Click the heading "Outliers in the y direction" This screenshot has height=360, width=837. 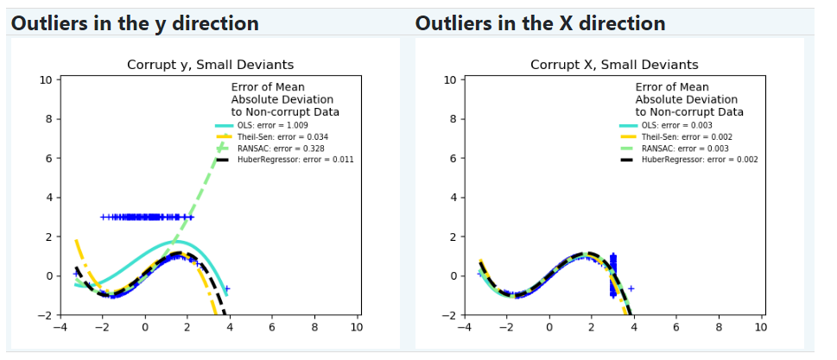pos(135,23)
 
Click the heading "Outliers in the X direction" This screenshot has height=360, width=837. pos(540,23)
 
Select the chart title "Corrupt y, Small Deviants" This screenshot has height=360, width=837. pos(210,65)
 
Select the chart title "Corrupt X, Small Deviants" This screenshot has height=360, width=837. pos(614,65)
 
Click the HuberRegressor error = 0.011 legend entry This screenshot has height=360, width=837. pos(283,160)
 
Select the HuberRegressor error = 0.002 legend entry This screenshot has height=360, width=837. pos(688,160)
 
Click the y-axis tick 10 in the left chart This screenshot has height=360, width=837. pos(47,80)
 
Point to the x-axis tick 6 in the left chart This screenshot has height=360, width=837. pos(272,326)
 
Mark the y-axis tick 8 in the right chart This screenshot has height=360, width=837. pos(453,119)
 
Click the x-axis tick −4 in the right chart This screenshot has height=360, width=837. pos(465,326)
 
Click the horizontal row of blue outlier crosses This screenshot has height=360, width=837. pos(147,217)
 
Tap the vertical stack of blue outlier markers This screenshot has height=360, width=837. pos(612,275)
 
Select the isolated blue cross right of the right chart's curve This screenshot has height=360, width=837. pos(631,288)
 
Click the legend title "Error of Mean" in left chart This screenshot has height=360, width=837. pos(268,87)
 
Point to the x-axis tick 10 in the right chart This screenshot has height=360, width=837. pos(762,326)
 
